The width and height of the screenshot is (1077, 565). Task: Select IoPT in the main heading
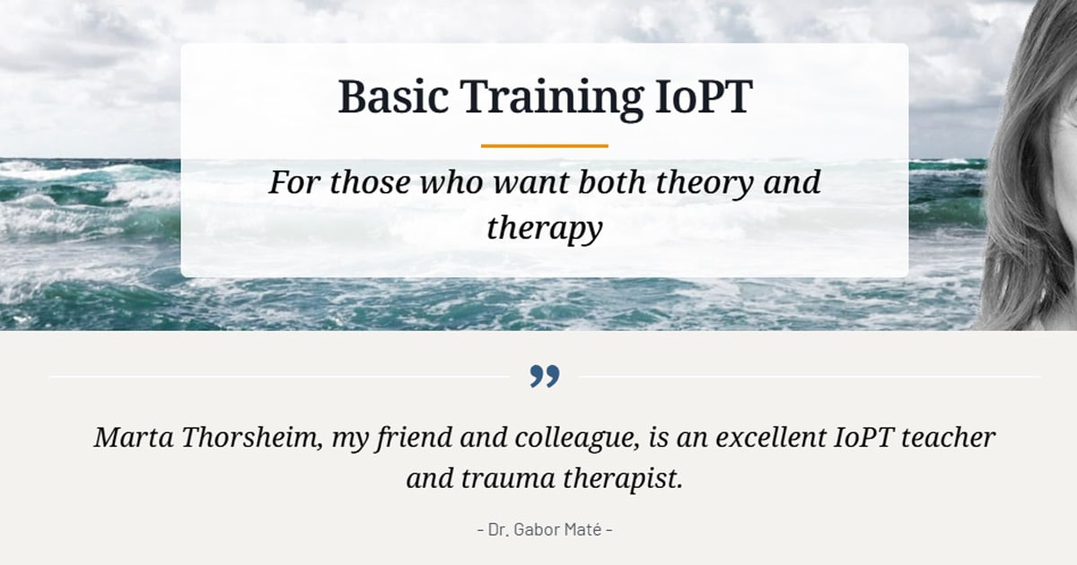click(x=697, y=97)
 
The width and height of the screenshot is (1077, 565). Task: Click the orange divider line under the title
click(x=544, y=145)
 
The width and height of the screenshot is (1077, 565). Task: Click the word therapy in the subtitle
click(x=544, y=229)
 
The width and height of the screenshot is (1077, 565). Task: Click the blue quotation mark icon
click(x=544, y=377)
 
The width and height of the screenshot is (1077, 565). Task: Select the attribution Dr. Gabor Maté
click(x=544, y=529)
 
